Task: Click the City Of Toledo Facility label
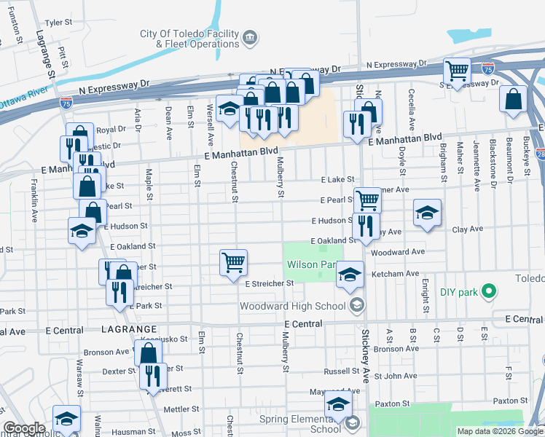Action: (x=189, y=34)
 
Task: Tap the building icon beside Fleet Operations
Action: (x=250, y=36)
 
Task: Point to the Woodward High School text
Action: (x=293, y=305)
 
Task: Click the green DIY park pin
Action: (x=490, y=292)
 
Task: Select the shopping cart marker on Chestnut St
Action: (x=234, y=261)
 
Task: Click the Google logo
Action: (x=24, y=428)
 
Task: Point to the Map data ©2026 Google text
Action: (x=500, y=431)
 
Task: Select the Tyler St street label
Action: (x=58, y=23)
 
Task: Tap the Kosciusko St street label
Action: (x=168, y=339)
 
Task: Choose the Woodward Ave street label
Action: (x=397, y=252)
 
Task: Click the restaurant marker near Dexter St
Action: (x=152, y=376)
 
